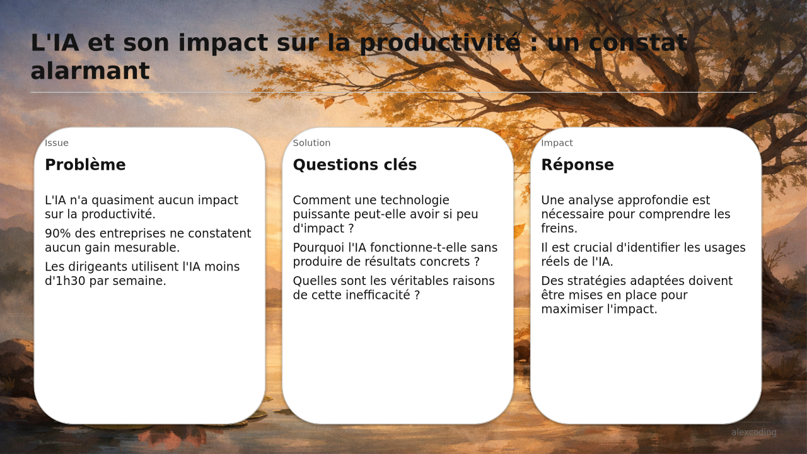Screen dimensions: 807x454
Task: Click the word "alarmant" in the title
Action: coord(90,71)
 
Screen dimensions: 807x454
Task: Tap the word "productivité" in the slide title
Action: coord(440,44)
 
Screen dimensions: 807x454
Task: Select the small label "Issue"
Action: coord(57,143)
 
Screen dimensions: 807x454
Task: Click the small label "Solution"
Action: coord(311,143)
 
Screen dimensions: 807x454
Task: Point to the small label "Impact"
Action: coord(557,143)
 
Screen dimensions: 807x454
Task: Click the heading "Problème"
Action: coord(85,165)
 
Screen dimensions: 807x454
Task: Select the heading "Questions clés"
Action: coord(355,165)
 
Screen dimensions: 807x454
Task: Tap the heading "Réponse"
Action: coord(578,165)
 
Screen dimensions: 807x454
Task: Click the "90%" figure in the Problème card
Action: coord(57,233)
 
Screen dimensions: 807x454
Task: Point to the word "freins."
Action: coord(559,228)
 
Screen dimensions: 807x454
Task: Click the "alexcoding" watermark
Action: coord(753,433)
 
